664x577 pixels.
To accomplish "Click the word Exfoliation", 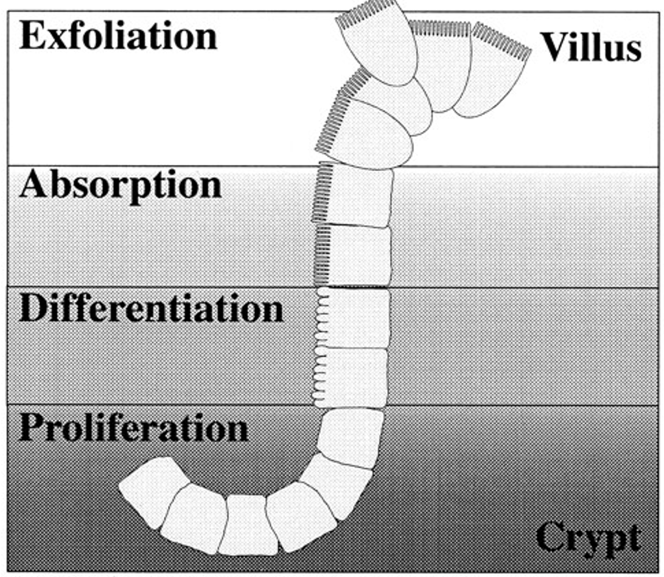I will tap(118, 36).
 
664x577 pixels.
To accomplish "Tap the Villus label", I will tap(591, 46).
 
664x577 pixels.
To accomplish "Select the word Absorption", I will tap(121, 184).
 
